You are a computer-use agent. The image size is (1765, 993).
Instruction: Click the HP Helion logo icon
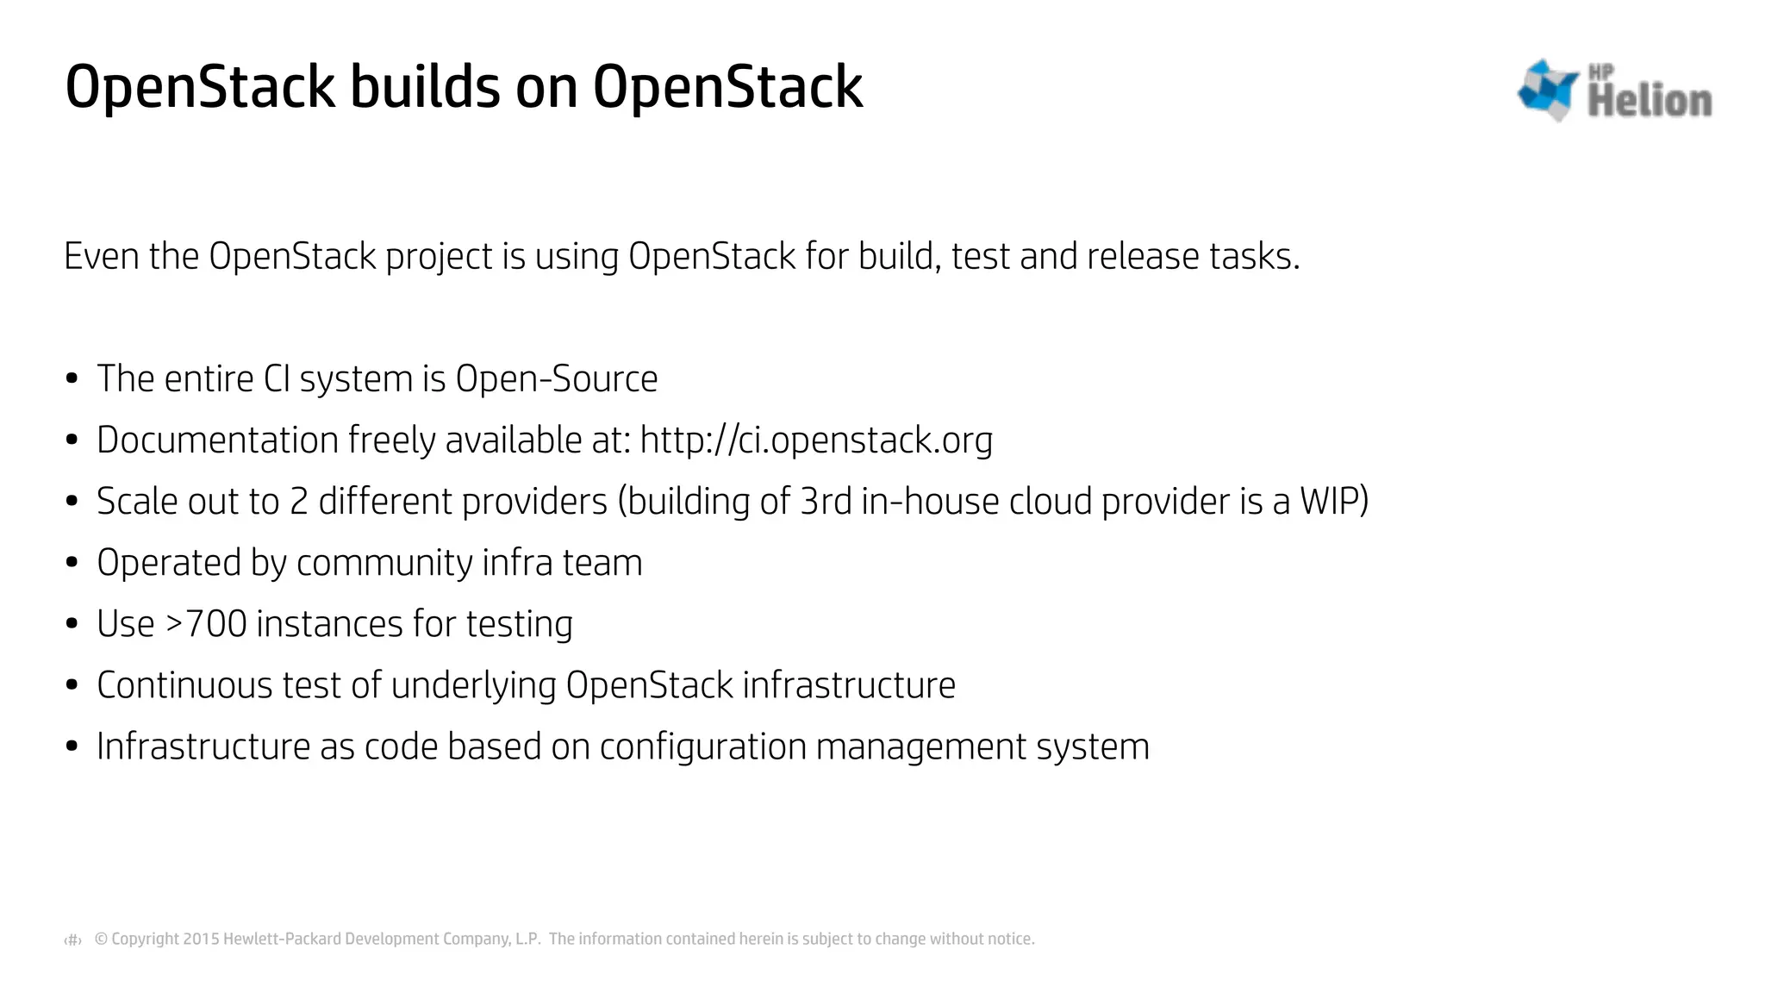coord(1547,89)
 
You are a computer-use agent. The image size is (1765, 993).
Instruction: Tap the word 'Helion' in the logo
coord(1649,100)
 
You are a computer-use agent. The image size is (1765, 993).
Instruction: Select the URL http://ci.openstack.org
coord(816,440)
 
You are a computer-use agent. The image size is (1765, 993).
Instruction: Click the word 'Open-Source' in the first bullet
coord(556,379)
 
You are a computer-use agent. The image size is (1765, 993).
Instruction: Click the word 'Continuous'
coord(184,685)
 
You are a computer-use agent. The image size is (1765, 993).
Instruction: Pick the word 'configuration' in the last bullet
coord(702,746)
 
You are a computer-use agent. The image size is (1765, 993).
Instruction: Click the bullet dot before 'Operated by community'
coord(72,563)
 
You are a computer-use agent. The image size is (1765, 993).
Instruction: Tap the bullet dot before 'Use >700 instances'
coord(72,624)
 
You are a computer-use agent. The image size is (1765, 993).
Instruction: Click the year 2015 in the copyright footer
coord(201,939)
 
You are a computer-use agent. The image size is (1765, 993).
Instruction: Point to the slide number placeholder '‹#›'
coord(73,940)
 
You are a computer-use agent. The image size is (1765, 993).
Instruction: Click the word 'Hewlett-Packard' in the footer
coord(282,939)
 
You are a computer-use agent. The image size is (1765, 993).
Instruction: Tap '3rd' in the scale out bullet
coord(826,502)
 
